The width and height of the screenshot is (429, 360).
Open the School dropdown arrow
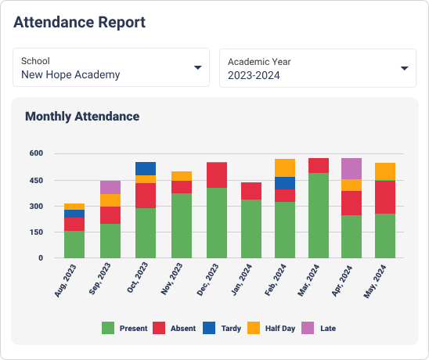point(198,68)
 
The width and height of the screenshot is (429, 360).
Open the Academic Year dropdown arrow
point(404,68)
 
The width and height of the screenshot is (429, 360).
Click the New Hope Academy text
point(70,75)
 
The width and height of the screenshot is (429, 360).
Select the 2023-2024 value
point(254,75)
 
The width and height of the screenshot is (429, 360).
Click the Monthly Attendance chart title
point(82,117)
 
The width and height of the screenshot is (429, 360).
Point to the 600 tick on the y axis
point(37,154)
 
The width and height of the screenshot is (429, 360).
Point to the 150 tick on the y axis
point(37,232)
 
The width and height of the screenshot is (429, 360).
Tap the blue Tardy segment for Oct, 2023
point(146,168)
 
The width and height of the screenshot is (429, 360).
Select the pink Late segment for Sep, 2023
point(110,187)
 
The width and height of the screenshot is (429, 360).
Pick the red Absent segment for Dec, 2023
point(217,175)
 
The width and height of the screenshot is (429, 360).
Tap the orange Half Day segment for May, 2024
point(385,171)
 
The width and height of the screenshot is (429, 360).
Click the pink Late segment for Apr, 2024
point(351,168)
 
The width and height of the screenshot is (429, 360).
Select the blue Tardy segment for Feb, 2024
point(285,183)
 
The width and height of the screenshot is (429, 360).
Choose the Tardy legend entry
point(222,329)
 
